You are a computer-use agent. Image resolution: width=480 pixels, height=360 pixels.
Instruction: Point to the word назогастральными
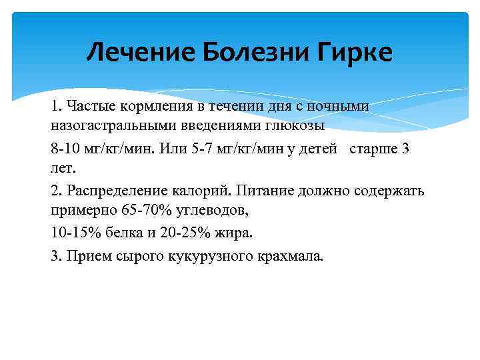pos(109,125)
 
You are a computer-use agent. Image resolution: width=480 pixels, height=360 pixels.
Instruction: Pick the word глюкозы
pos(295,125)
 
